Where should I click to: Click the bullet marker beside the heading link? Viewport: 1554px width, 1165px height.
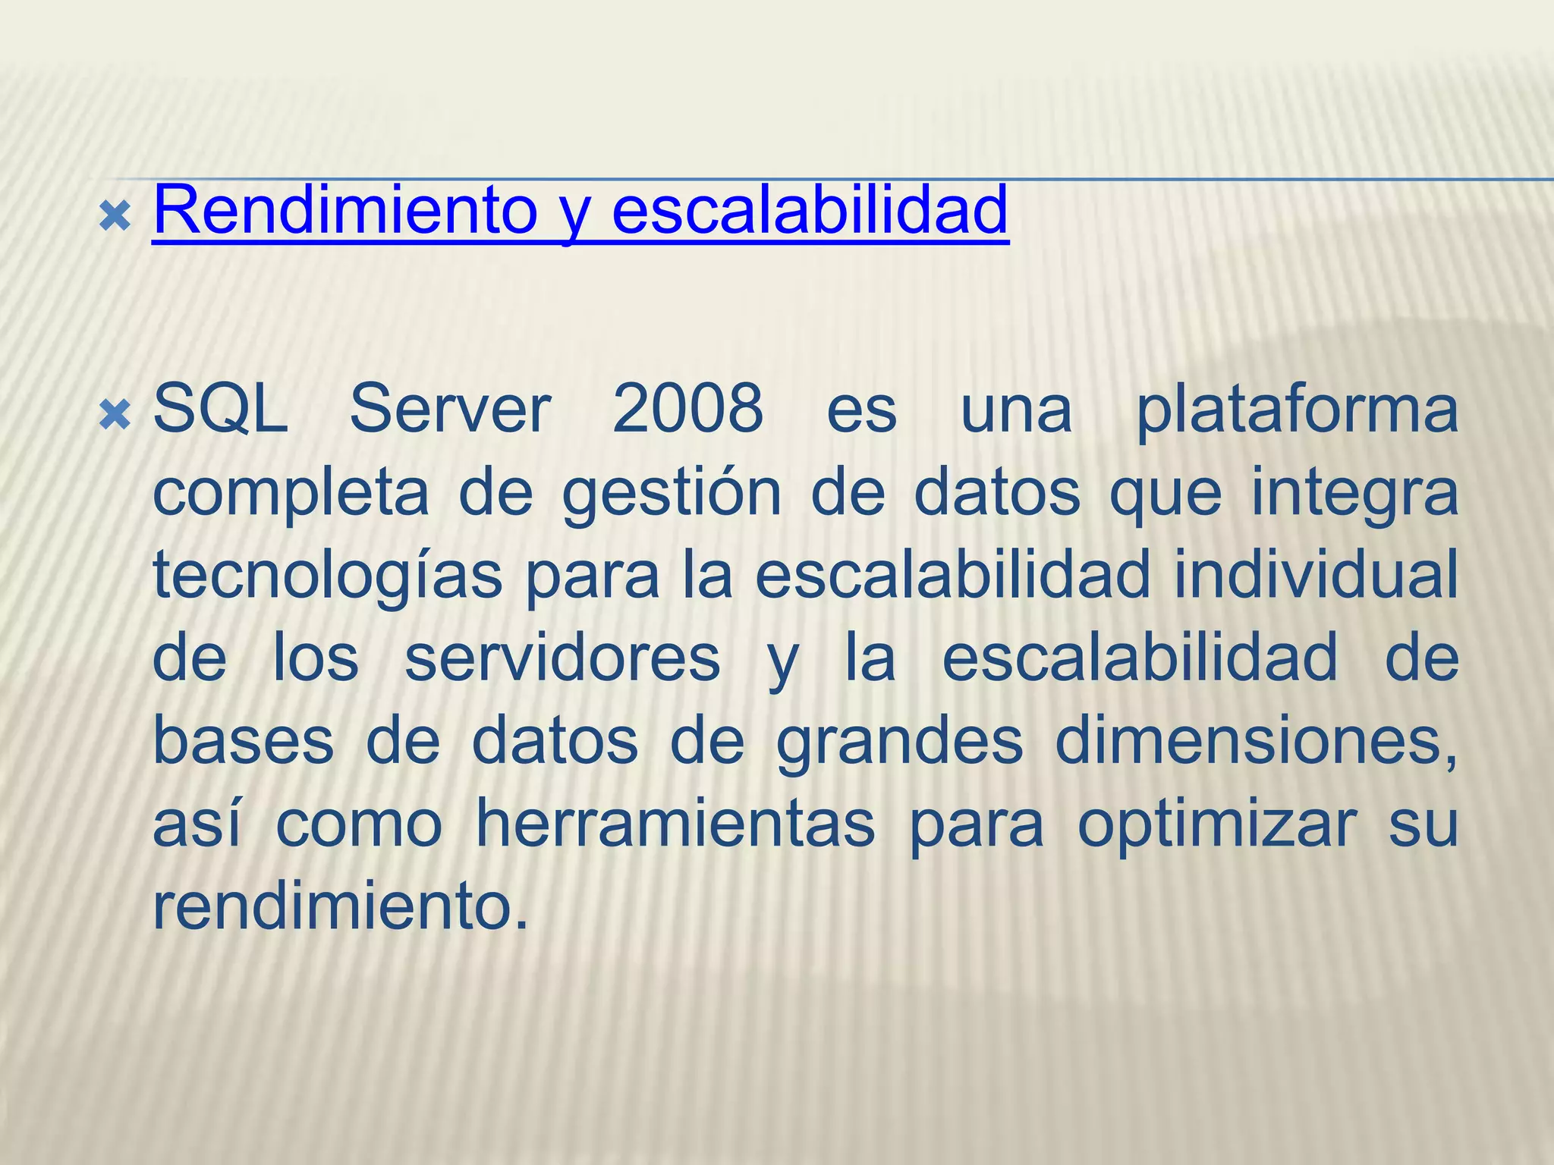point(115,217)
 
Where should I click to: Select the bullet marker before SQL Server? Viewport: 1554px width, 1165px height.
point(115,416)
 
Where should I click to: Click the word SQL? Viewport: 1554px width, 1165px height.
point(220,410)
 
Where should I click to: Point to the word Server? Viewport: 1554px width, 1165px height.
point(450,410)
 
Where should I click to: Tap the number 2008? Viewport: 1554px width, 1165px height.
point(687,410)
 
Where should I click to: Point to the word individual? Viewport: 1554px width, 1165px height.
point(1316,575)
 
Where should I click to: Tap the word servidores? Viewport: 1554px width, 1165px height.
point(562,658)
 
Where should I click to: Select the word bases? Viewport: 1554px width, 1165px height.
point(244,741)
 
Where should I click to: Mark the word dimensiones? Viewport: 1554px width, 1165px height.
point(1256,741)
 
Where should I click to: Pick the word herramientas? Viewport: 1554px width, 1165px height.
point(675,824)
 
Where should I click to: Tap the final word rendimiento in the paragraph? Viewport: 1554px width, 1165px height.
point(339,907)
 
